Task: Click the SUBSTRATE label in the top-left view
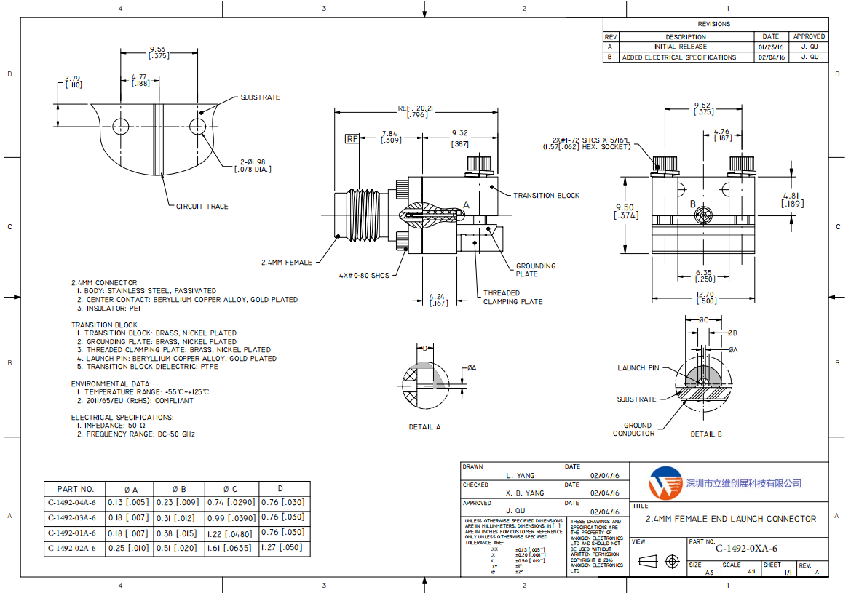click(260, 97)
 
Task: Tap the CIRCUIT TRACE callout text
click(202, 207)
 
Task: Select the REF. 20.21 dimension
click(416, 111)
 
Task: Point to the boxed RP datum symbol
click(352, 138)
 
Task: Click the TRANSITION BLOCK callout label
click(546, 196)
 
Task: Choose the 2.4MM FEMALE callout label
click(287, 262)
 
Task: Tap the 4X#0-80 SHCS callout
click(364, 275)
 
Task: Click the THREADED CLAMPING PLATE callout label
click(512, 297)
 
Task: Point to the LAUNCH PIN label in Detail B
click(638, 368)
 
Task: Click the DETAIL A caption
click(424, 427)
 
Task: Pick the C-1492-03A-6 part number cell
click(72, 517)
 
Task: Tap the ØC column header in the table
click(230, 489)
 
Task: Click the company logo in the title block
click(664, 482)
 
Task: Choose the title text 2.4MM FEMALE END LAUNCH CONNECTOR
click(731, 519)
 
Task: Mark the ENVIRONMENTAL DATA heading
click(111, 383)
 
